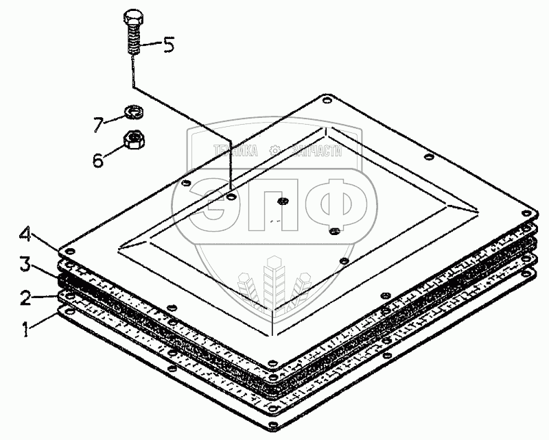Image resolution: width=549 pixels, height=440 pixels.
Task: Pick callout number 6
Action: (x=98, y=160)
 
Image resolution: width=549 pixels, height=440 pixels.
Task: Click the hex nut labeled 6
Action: (x=132, y=141)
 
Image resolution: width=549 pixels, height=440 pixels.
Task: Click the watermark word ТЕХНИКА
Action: (x=237, y=151)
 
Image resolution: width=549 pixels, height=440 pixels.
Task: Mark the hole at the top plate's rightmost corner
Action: (x=526, y=208)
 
